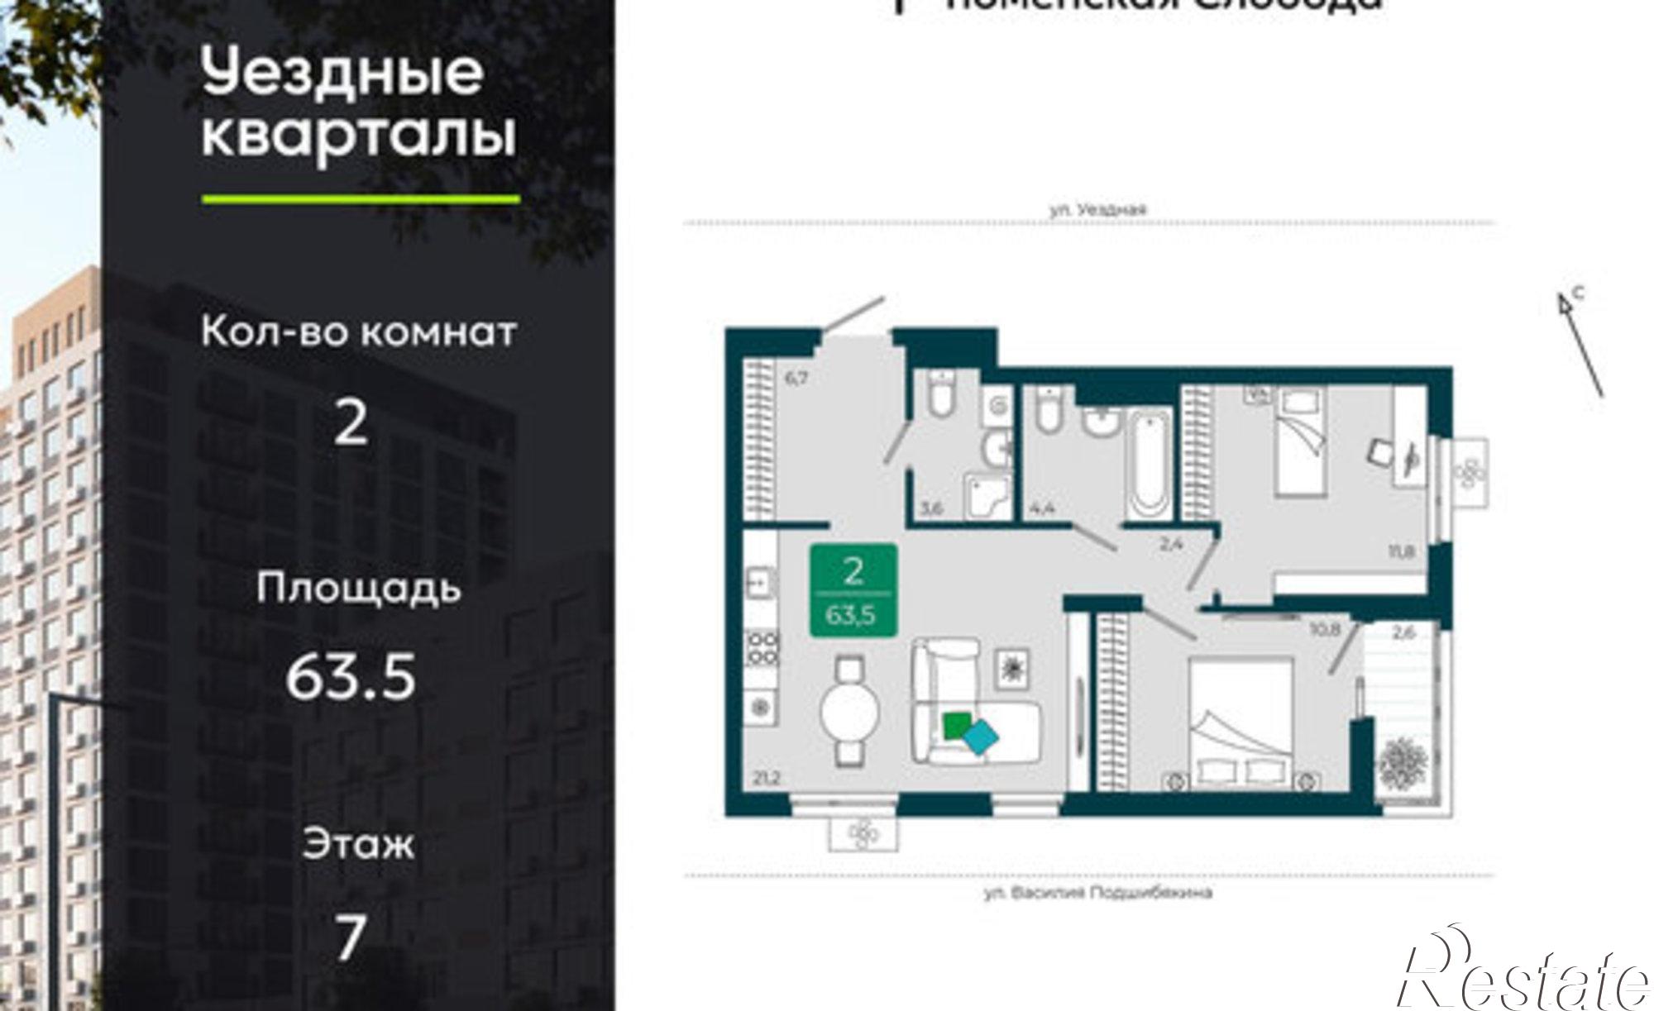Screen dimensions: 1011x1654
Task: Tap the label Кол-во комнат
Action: [x=358, y=332]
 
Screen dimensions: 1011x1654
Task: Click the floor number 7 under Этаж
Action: [x=351, y=937]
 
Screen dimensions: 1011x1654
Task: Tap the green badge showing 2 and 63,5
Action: [x=853, y=589]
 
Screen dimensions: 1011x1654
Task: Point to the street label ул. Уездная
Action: [x=1097, y=210]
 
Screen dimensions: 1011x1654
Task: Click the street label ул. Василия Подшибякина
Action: [x=1097, y=893]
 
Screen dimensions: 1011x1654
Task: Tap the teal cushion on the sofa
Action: [x=981, y=736]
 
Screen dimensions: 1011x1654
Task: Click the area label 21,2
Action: [x=766, y=778]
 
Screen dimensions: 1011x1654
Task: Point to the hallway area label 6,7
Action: [x=795, y=379]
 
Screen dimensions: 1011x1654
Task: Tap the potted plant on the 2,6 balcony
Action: [x=1401, y=761]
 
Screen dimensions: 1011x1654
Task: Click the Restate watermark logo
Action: [x=1522, y=975]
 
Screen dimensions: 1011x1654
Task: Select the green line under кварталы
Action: [x=361, y=199]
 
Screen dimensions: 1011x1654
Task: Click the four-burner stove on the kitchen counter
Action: [x=762, y=647]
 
